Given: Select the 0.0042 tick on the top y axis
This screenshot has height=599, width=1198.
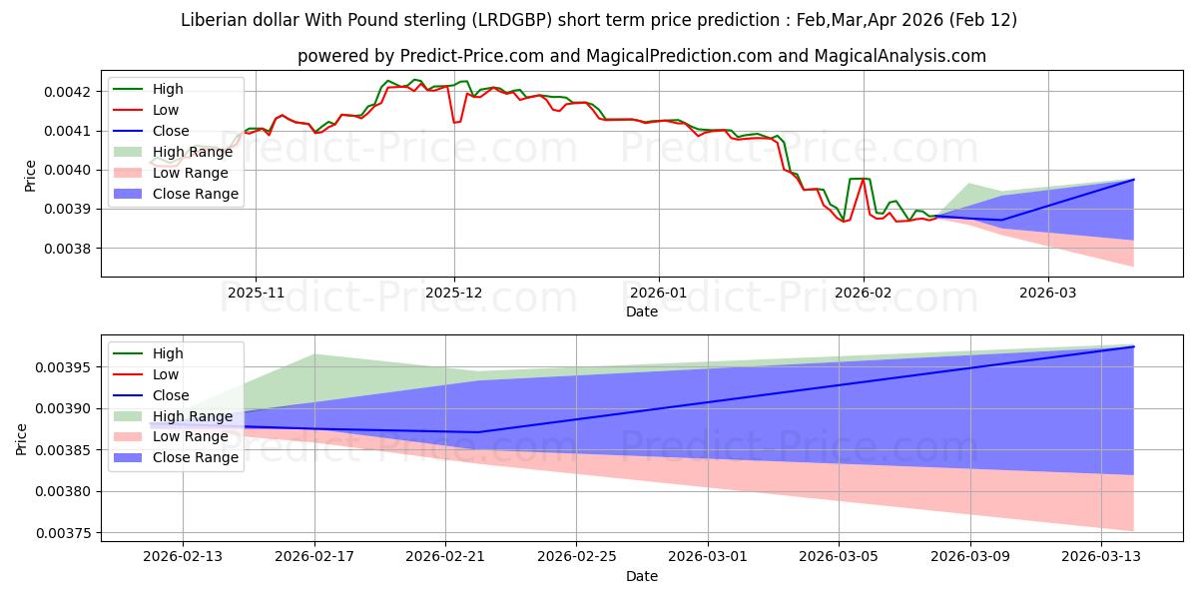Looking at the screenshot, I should (71, 92).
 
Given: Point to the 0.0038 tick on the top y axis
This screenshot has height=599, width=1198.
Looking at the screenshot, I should (71, 249).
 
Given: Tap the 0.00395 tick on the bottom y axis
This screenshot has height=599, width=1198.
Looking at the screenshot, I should (67, 368).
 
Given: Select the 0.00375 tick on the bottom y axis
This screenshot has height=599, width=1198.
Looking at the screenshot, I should (67, 533).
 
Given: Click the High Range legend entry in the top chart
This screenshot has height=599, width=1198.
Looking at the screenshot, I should (191, 152).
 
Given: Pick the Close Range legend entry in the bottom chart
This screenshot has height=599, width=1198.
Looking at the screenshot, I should (195, 457).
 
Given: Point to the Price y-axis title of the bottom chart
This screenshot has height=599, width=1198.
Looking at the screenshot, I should (22, 438).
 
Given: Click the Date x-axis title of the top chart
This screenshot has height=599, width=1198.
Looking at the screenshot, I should (641, 311).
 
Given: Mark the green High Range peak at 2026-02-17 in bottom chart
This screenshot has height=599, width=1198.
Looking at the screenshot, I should (315, 354).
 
